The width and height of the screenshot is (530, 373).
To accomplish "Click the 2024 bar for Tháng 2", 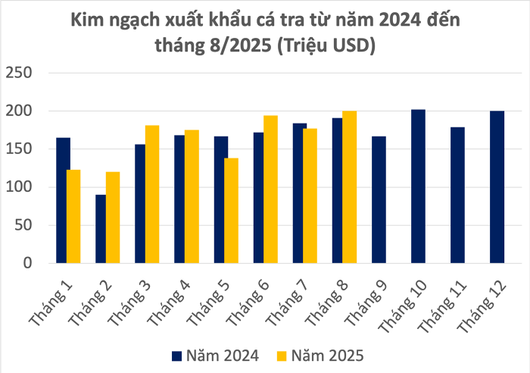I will pyautogui.click(x=101, y=229).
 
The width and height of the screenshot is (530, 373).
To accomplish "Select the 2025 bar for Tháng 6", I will pyautogui.click(x=270, y=190).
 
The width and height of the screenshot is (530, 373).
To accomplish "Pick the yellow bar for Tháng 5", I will pyautogui.click(x=231, y=211).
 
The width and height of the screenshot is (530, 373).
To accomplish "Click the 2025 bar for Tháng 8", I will pyautogui.click(x=349, y=187).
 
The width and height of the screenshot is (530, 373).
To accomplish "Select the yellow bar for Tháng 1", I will pyautogui.click(x=73, y=216).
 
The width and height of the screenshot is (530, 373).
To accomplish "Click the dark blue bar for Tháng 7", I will pyautogui.click(x=300, y=193).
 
